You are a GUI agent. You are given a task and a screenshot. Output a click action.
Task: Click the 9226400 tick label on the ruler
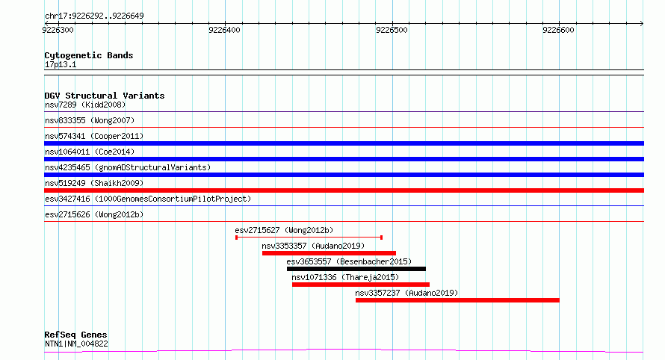(x=224, y=30)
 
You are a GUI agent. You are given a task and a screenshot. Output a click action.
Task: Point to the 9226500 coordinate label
(x=392, y=30)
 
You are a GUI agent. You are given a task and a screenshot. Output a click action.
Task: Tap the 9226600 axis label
(x=558, y=30)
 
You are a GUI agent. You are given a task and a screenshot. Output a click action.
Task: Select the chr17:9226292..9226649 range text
(x=94, y=16)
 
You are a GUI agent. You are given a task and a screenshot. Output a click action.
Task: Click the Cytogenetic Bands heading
(x=89, y=55)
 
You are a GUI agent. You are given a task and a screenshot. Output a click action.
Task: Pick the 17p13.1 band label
(x=61, y=65)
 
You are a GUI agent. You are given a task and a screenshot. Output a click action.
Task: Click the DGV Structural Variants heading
(x=105, y=96)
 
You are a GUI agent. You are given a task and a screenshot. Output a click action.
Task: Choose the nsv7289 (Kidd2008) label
(x=85, y=105)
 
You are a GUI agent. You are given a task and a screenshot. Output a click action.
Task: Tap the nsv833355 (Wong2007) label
(x=90, y=120)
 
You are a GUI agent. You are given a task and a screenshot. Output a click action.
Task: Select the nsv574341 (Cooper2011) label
(x=94, y=136)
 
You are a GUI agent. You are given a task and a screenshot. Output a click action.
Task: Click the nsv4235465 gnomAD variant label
(x=128, y=167)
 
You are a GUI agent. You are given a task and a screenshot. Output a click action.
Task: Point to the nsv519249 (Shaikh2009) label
(x=94, y=183)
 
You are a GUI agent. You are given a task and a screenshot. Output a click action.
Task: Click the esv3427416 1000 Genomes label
(x=148, y=199)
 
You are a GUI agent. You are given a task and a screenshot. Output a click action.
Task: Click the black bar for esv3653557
(x=356, y=269)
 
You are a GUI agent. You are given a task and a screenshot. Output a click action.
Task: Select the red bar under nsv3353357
(x=329, y=253)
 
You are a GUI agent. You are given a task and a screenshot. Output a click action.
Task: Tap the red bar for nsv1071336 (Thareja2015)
(x=361, y=285)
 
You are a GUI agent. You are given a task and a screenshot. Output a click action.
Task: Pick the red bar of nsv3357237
(x=457, y=300)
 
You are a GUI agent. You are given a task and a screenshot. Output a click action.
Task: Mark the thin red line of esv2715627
(x=309, y=238)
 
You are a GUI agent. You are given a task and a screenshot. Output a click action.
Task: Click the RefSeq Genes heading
(x=75, y=335)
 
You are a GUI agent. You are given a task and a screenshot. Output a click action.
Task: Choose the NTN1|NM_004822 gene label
(x=76, y=344)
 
